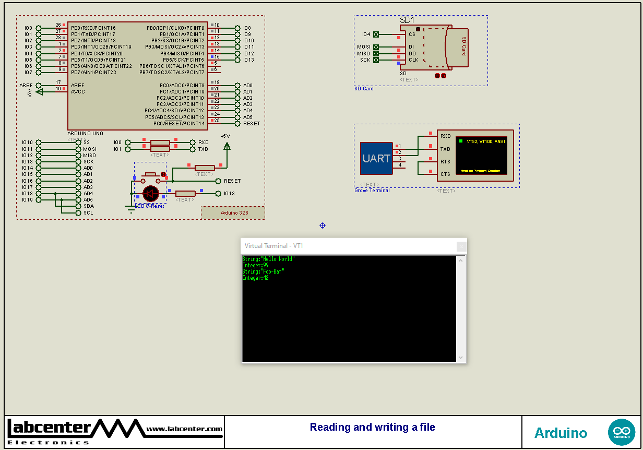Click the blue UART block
click(x=376, y=158)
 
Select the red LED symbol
click(x=151, y=194)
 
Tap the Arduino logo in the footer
click(x=621, y=432)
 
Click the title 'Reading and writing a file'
click(x=372, y=427)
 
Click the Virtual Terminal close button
click(x=461, y=246)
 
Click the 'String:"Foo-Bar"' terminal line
click(x=264, y=271)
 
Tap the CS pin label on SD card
click(x=412, y=34)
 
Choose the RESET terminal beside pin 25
click(x=251, y=124)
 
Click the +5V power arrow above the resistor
click(x=227, y=146)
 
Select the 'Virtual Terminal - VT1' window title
click(x=274, y=246)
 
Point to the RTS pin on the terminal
click(x=445, y=162)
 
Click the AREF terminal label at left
click(x=26, y=85)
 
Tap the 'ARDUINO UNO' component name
click(x=85, y=134)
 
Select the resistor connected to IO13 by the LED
click(x=185, y=194)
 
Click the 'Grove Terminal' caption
click(x=372, y=191)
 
